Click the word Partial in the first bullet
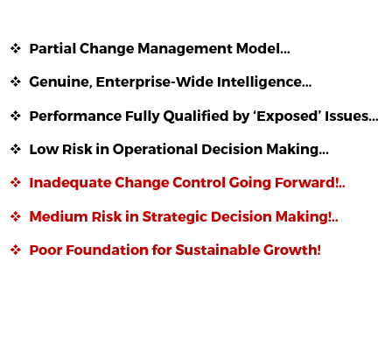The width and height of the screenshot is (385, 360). click(52, 48)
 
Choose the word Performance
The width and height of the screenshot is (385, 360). click(75, 116)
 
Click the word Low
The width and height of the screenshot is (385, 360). click(44, 149)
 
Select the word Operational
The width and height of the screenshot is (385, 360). click(155, 150)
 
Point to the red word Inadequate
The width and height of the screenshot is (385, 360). click(70, 183)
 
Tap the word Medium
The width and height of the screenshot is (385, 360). click(59, 216)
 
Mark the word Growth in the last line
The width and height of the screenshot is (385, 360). click(290, 250)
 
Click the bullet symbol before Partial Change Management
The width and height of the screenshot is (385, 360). click(16, 48)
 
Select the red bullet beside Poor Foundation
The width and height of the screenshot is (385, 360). click(16, 250)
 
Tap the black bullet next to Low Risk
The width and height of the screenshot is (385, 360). click(16, 149)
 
